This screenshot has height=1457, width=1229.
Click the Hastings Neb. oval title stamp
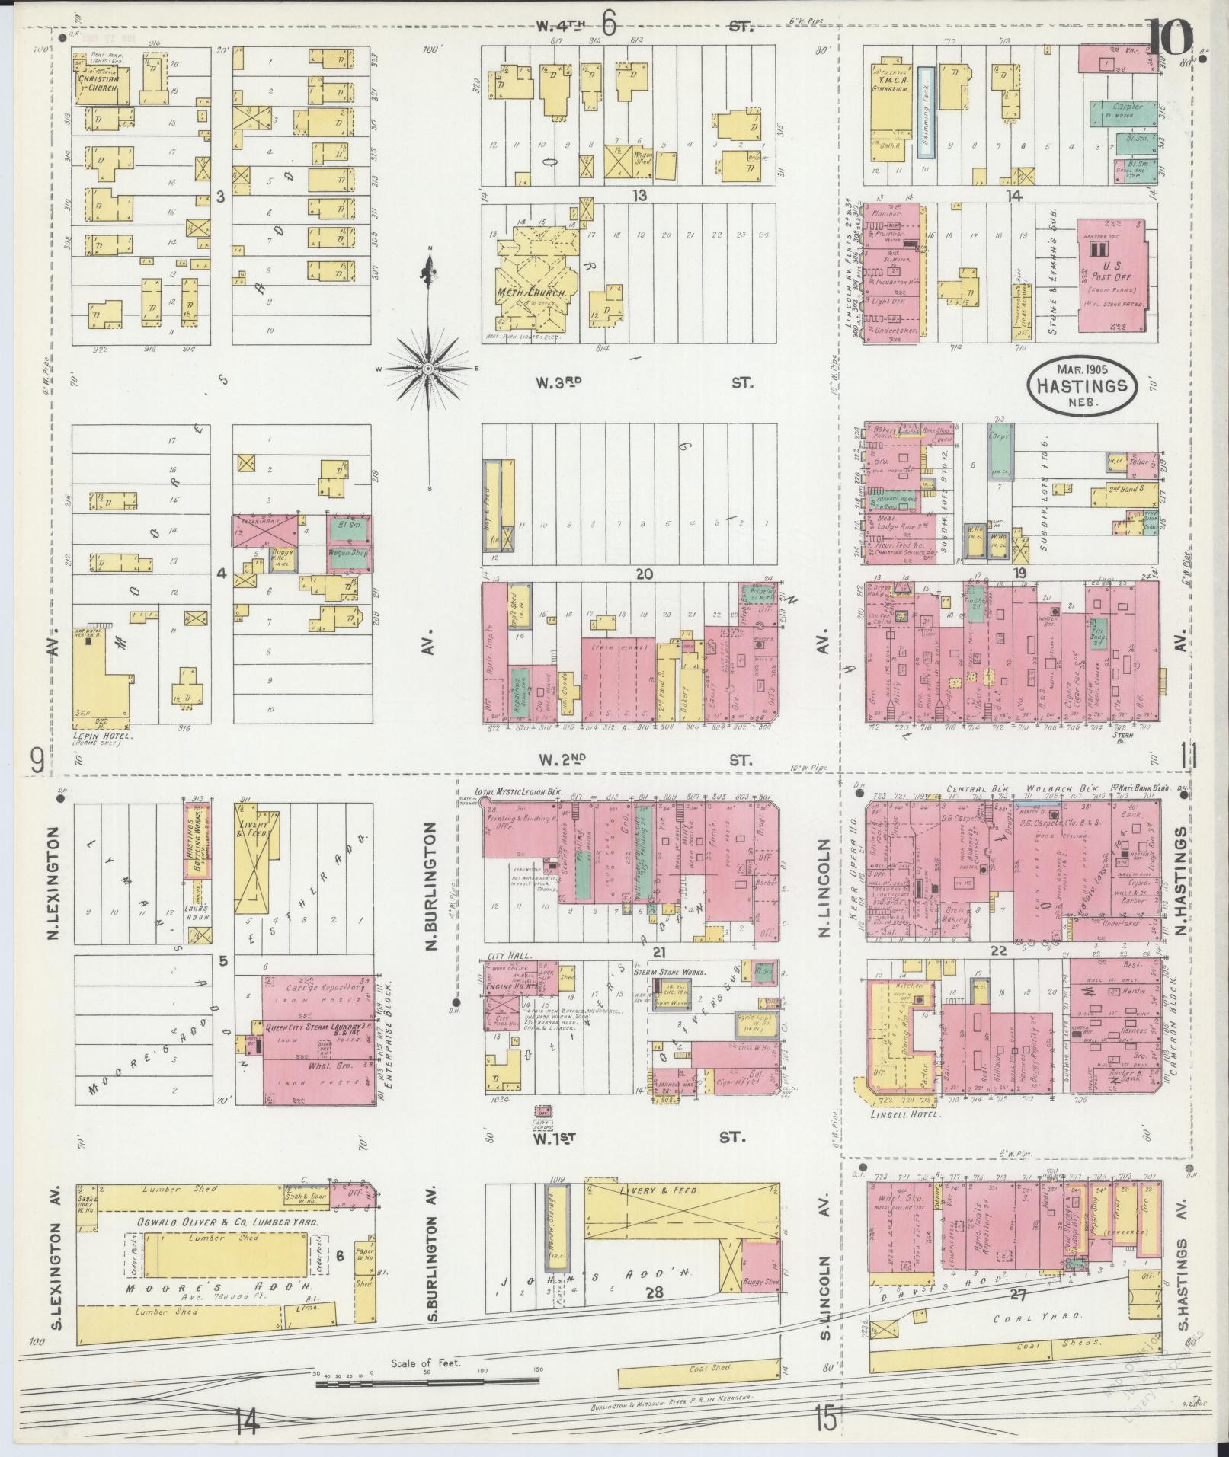point(1080,386)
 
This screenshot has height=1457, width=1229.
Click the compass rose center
point(428,369)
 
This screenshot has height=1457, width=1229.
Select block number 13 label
point(639,196)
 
